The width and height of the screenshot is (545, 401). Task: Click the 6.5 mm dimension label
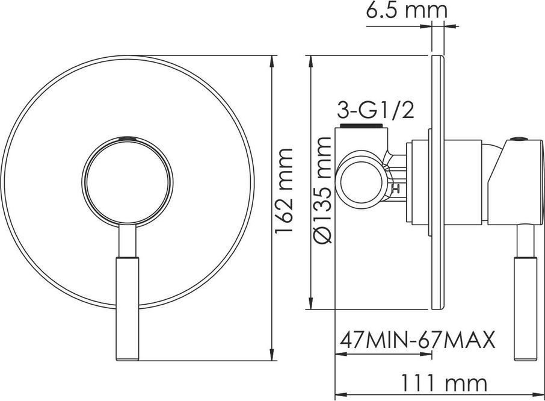(406, 10)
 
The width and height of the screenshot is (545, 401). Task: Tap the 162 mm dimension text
(284, 191)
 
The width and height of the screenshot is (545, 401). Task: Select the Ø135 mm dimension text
(322, 190)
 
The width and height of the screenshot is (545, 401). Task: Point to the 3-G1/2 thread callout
(375, 111)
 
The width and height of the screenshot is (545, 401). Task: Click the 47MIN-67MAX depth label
(417, 340)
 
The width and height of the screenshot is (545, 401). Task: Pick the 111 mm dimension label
(444, 383)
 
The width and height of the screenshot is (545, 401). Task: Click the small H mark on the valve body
(396, 189)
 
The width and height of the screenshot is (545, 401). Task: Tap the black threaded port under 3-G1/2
(361, 126)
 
